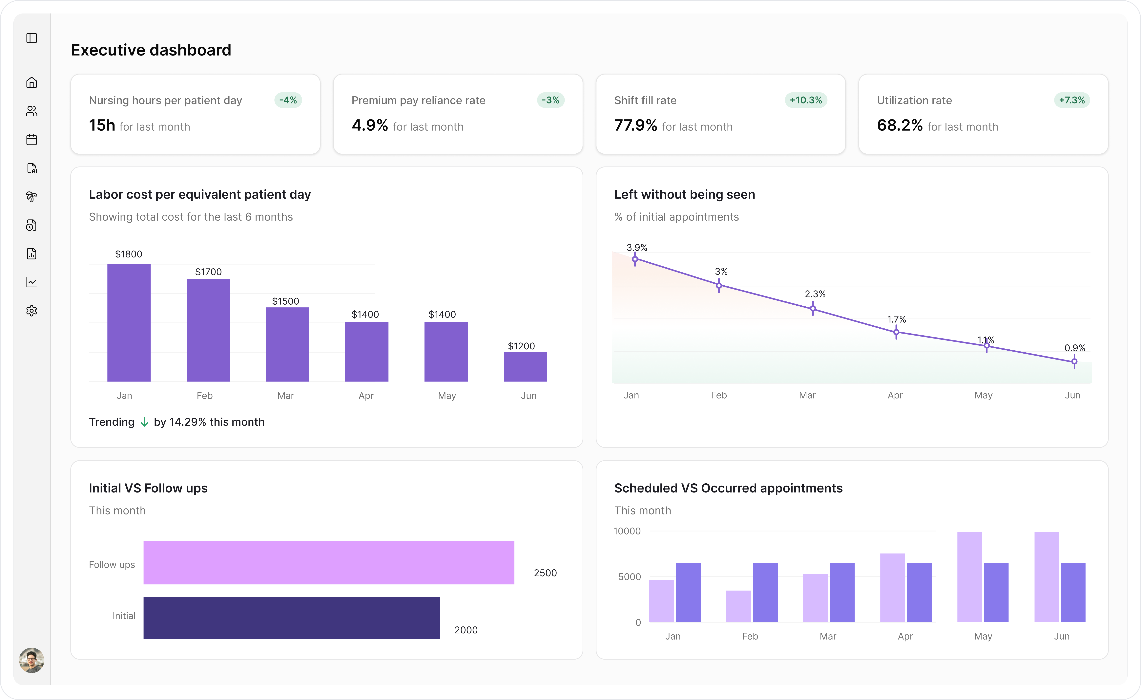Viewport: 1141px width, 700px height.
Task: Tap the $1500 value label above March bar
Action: [285, 301]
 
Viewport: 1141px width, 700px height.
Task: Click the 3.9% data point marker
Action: [635, 259]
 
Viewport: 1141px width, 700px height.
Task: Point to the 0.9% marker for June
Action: [1074, 361]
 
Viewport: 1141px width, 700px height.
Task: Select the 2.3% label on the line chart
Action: [815, 294]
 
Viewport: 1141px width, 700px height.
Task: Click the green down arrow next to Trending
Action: [144, 422]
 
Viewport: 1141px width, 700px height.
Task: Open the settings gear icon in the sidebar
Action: [31, 311]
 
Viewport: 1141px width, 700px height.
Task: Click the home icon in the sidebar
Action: [31, 82]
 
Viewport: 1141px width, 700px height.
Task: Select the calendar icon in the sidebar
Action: [31, 140]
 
